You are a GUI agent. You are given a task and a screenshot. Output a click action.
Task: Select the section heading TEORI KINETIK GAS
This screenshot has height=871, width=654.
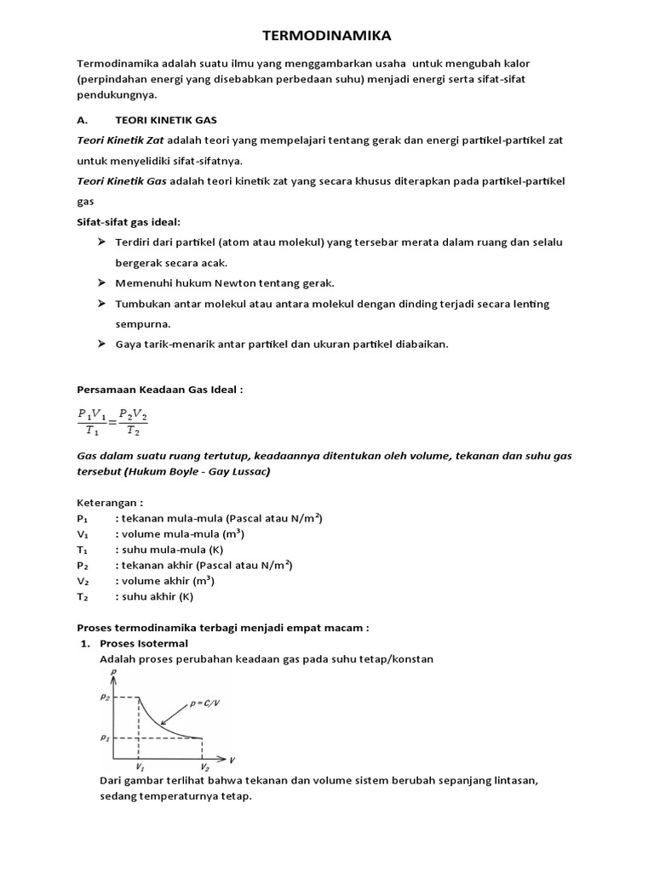172,120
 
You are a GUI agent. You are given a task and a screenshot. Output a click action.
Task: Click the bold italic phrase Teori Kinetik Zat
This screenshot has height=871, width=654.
120,139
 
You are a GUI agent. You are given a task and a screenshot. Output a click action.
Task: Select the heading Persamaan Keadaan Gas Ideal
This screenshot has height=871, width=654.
160,389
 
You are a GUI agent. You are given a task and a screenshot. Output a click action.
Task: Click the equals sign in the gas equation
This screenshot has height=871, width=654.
112,420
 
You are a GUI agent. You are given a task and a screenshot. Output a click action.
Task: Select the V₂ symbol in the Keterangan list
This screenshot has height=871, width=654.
83,581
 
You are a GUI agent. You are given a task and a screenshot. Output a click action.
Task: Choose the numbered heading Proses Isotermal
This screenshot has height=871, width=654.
144,643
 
